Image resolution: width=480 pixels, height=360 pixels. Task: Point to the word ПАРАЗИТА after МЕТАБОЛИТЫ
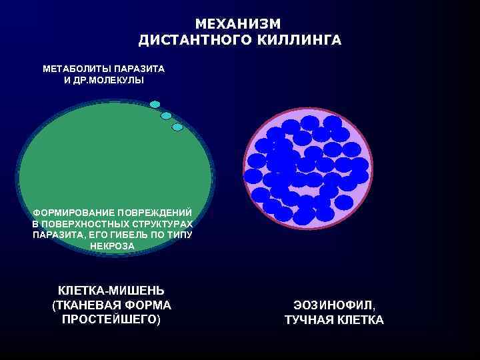(x=139, y=69)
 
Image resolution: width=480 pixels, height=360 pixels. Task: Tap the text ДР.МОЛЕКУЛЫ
(x=109, y=81)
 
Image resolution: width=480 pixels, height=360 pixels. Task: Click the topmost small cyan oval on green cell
(x=155, y=104)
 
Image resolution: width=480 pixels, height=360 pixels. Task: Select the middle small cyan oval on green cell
(x=167, y=115)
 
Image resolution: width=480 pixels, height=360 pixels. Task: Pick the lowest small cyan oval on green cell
(x=177, y=127)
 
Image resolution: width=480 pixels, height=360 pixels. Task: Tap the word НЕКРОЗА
(x=112, y=246)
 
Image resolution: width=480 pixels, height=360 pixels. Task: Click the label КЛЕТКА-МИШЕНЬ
(x=111, y=291)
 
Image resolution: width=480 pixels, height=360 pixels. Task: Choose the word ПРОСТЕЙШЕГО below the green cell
(x=111, y=319)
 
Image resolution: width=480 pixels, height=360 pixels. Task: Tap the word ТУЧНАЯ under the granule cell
(x=309, y=321)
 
